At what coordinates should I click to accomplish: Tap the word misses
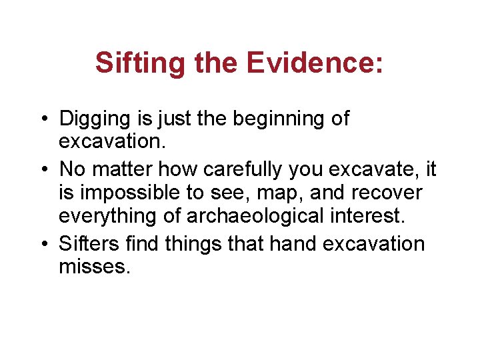click(93, 267)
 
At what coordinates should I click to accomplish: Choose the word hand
click(292, 243)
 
